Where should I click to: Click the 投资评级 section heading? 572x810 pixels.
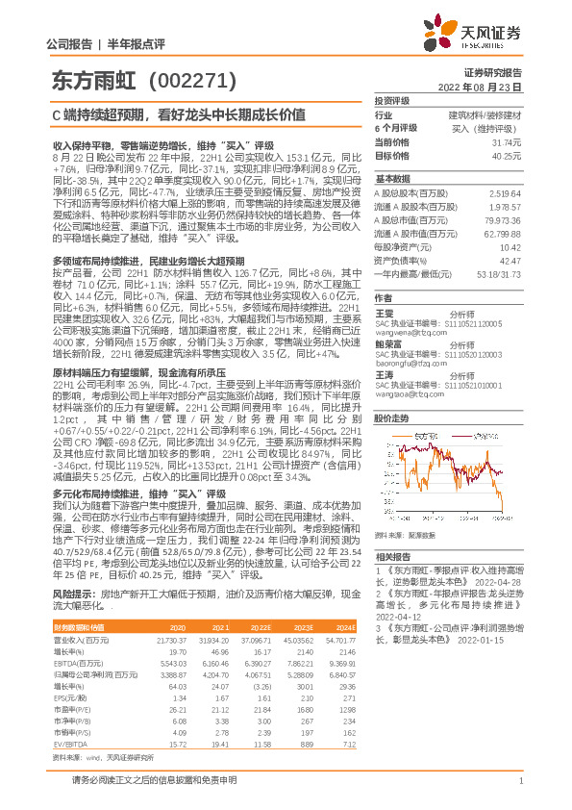coord(391,101)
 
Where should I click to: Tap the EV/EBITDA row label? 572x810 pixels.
coord(69,744)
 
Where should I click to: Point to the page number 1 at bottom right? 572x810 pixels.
coord(519,780)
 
